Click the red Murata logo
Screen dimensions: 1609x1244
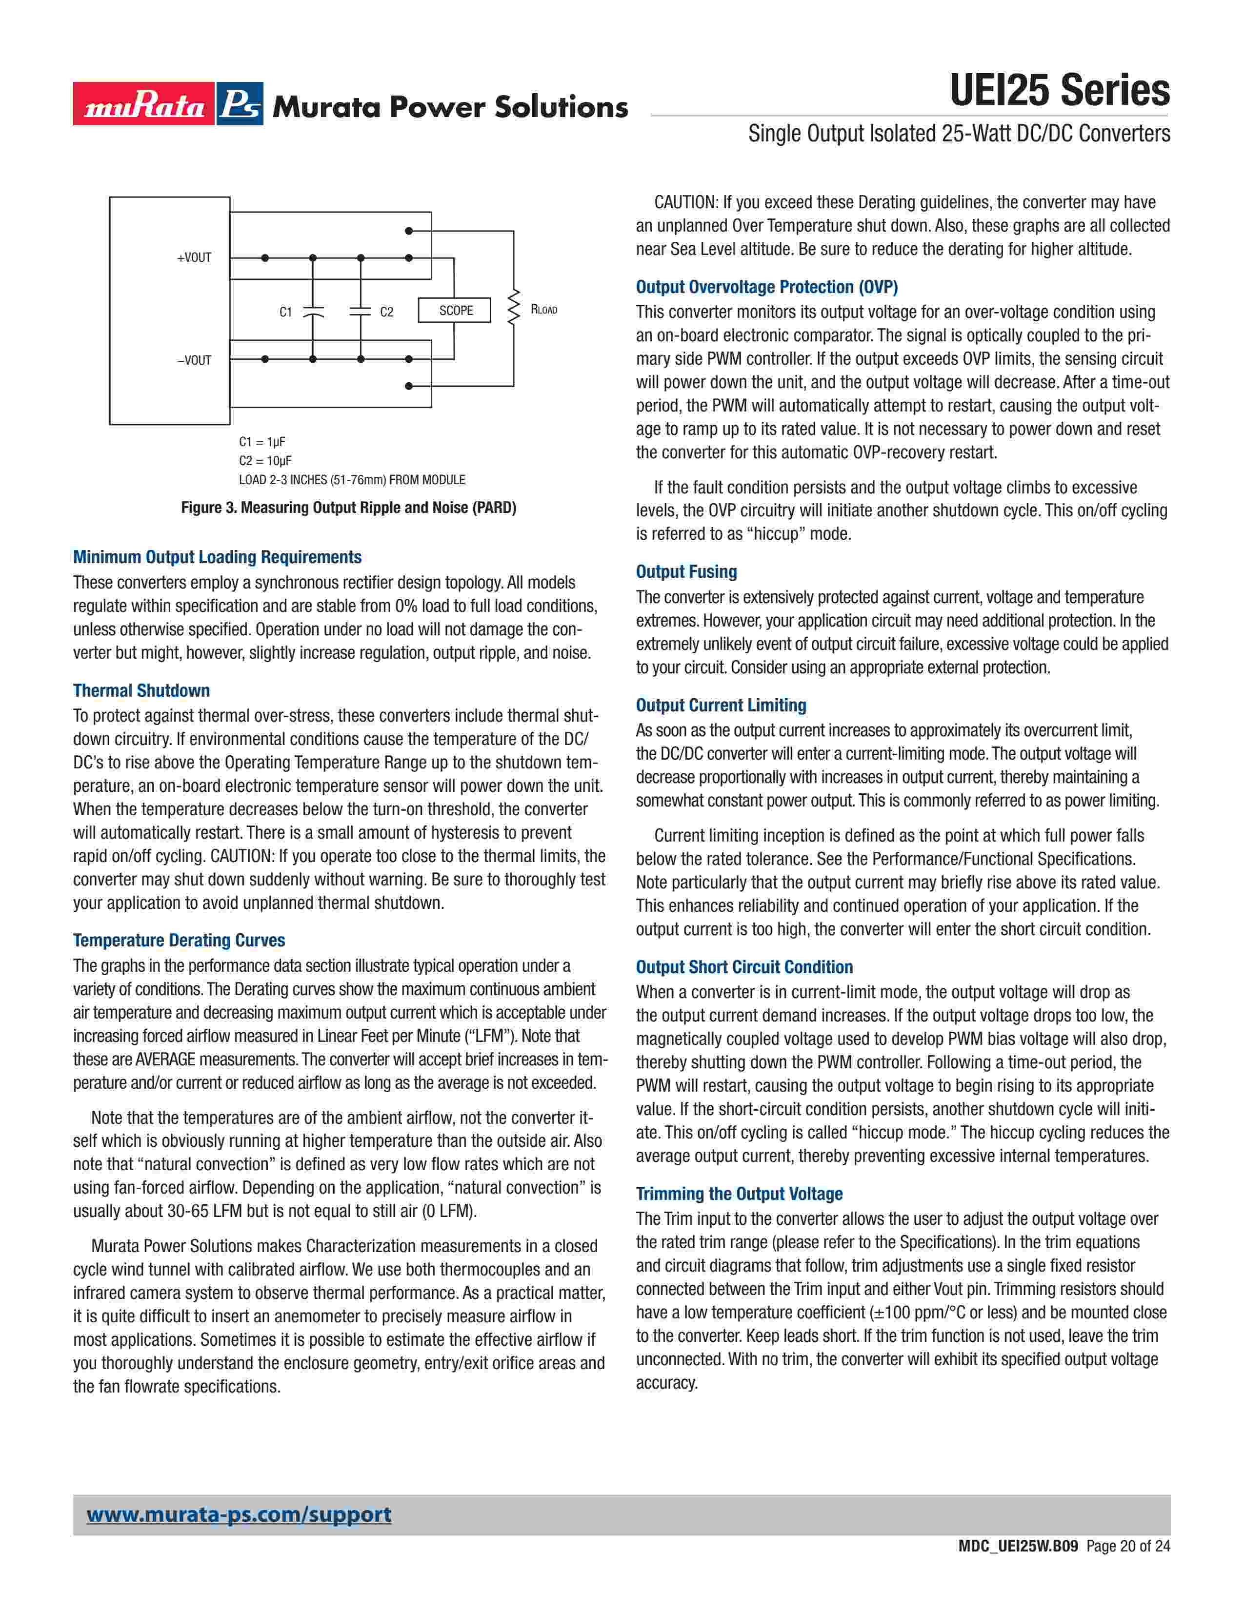coord(144,104)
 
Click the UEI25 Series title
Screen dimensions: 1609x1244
coord(1059,91)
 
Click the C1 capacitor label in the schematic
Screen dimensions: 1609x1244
coord(286,312)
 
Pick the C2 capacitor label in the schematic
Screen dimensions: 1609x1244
coord(387,312)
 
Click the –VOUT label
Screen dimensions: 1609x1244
coord(194,360)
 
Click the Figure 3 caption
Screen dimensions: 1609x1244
coord(349,508)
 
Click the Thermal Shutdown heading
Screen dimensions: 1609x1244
coord(141,690)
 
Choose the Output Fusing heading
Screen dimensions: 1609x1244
coord(686,572)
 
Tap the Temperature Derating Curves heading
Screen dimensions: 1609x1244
coord(179,940)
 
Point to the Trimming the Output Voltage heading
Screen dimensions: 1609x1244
coord(739,1194)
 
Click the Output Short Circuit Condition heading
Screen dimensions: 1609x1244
coord(744,966)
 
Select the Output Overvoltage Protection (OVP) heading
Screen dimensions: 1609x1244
coord(766,287)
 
